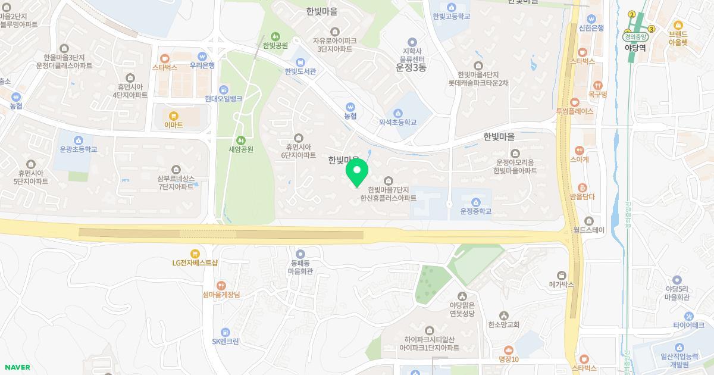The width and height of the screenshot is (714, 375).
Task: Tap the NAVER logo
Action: pos(17,367)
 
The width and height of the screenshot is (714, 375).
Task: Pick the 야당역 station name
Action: pos(635,48)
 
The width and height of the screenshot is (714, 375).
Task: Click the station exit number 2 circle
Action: pos(632,14)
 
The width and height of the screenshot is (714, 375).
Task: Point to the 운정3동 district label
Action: pos(411,68)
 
